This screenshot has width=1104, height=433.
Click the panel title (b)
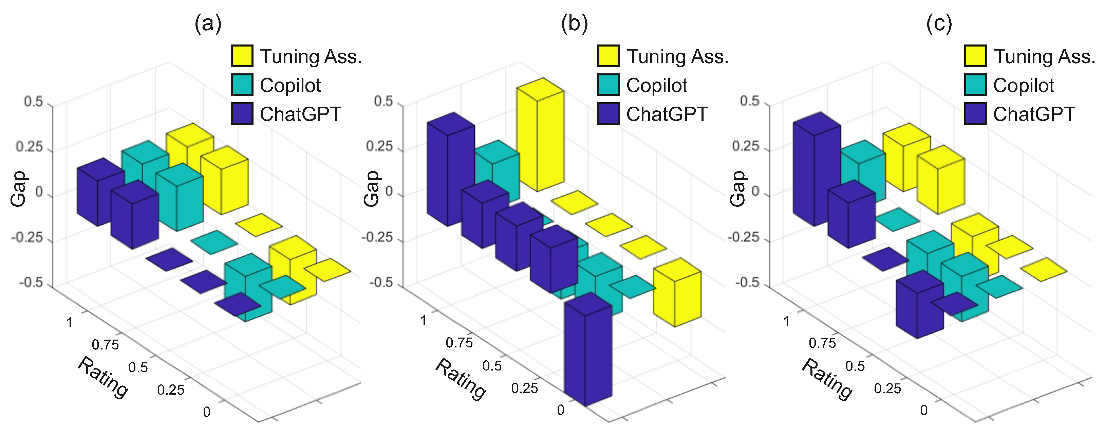(574, 23)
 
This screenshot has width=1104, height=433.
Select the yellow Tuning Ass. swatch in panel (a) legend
(242, 56)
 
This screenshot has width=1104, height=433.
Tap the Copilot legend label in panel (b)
(657, 85)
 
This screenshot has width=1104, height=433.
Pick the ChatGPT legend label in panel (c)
(1034, 114)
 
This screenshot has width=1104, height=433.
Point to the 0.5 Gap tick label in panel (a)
(33, 102)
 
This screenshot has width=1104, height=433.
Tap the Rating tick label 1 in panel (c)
(786, 321)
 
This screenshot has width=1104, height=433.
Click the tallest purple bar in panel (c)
(817, 172)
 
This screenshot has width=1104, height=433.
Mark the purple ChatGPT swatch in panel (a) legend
(242, 114)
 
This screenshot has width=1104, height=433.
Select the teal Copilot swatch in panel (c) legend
(975, 85)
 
